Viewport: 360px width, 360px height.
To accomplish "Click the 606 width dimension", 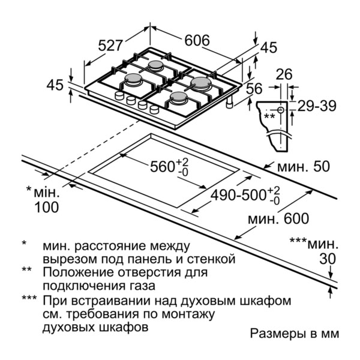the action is (x=197, y=40).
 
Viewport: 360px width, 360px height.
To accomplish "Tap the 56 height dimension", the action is (x=254, y=89).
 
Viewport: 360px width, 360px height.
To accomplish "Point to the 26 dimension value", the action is (x=284, y=74).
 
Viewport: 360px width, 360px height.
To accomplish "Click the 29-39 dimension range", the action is (x=317, y=106).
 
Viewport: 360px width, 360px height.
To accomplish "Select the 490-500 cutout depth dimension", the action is (x=245, y=196).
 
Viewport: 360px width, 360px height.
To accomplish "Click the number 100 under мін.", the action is (x=47, y=208).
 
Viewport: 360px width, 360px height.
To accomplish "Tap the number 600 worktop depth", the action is (x=296, y=218).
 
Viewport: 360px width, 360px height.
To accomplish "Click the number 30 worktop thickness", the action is (x=328, y=259).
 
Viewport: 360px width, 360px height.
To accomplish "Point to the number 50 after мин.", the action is (x=322, y=166).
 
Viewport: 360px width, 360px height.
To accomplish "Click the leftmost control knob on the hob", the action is (x=119, y=95).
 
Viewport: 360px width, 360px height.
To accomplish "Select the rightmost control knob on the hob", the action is (x=154, y=109).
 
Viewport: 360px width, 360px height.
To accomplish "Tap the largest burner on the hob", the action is (x=201, y=83).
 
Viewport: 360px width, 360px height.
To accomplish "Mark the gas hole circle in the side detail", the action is (x=281, y=110).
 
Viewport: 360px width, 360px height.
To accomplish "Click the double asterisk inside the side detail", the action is (x=269, y=116).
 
